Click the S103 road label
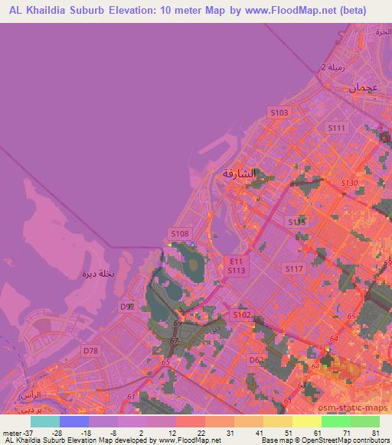[279, 112]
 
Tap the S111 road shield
[336, 128]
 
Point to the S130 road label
[348, 184]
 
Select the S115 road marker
[296, 222]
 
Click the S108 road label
[179, 234]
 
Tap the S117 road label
[294, 269]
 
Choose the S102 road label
[242, 315]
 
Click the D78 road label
[91, 351]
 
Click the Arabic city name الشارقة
[239, 174]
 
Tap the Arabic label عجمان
[364, 88]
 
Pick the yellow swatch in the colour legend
[278, 421]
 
